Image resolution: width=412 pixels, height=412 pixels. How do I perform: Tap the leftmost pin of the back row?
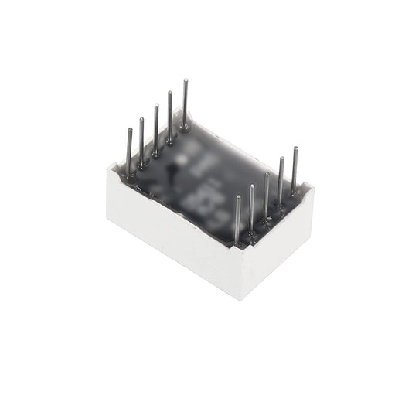click(129, 152)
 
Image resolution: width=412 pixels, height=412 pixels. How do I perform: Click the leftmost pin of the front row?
click(237, 220)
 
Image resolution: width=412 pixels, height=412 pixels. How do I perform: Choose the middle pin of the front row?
click(267, 197)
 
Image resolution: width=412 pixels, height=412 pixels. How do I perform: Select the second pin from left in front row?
click(252, 209)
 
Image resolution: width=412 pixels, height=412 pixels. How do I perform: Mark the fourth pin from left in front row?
click(281, 182)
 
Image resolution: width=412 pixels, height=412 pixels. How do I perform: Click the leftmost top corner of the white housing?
click(107, 169)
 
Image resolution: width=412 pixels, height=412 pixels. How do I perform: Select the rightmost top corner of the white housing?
click(313, 186)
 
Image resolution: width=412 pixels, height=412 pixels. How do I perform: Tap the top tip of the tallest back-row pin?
click(185, 80)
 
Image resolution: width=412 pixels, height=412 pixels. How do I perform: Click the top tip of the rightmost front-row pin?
click(295, 147)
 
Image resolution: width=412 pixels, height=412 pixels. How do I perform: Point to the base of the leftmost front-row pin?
click(238, 243)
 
